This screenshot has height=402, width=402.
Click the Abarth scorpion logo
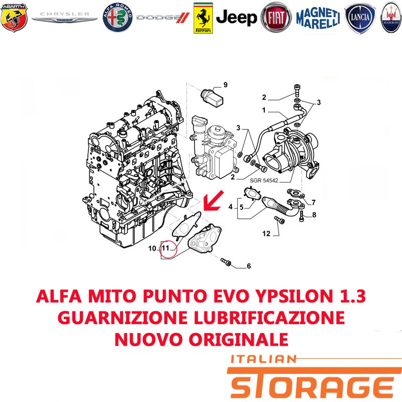click(14, 18)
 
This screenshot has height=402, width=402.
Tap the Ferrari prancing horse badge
click(203, 18)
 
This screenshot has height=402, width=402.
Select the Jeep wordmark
click(236, 18)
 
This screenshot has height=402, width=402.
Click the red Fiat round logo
click(276, 18)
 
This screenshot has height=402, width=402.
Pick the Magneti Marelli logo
click(318, 18)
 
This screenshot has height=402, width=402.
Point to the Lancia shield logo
click(360, 18)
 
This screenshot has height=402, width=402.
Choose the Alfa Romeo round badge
click(118, 18)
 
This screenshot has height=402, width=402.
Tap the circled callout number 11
click(166, 248)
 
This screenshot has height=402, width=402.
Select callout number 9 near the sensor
click(225, 85)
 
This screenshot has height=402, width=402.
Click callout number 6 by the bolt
click(249, 266)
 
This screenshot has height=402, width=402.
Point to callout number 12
click(266, 234)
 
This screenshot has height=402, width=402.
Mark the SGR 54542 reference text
click(264, 180)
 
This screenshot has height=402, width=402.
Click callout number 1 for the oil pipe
click(264, 110)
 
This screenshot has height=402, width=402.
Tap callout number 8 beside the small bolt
click(314, 215)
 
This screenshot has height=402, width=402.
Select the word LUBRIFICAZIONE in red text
click(269, 318)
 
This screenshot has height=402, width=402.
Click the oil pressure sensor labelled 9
click(212, 97)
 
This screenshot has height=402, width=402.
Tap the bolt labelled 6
click(226, 262)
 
